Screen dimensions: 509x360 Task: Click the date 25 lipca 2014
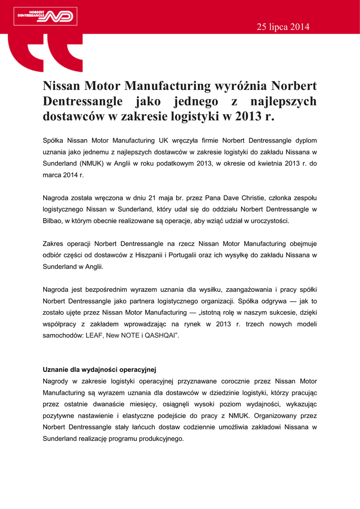click(283, 27)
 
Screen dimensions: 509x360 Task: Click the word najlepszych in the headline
click(283, 101)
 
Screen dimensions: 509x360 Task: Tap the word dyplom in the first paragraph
click(306, 141)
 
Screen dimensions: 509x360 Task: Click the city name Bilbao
click(52, 221)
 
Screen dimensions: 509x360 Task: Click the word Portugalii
click(191, 255)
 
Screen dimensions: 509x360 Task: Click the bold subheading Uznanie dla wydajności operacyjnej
click(99, 370)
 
